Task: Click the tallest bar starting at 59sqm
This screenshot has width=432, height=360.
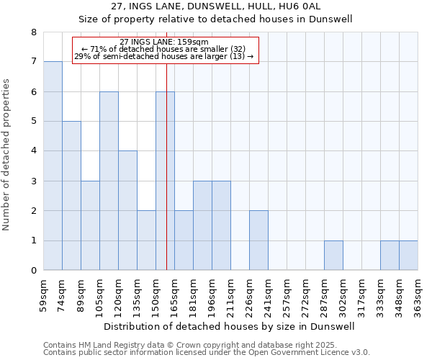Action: [x=53, y=166]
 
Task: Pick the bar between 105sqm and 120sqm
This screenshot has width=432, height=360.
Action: [x=109, y=181]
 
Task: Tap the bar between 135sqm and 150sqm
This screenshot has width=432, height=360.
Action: [x=146, y=240]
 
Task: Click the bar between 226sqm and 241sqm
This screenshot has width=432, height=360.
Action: [x=258, y=240]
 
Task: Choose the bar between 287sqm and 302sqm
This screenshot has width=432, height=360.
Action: [x=333, y=256]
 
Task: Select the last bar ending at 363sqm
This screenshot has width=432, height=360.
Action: [x=408, y=256]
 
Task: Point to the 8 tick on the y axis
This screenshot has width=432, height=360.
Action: [x=33, y=32]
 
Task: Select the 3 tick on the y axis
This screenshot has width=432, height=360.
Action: [x=33, y=181]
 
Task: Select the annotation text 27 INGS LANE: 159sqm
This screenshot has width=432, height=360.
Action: [x=164, y=42]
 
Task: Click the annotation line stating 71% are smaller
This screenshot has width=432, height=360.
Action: [x=164, y=49]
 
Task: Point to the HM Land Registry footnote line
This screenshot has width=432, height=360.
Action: [x=201, y=345]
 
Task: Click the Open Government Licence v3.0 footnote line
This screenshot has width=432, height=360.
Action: [x=207, y=353]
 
